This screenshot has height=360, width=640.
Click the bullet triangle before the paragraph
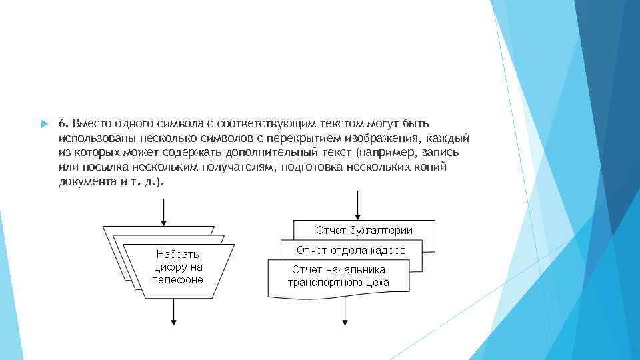click(x=45, y=125)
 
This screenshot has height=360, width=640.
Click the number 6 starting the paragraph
click(x=61, y=124)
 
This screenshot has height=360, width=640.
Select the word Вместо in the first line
click(x=91, y=124)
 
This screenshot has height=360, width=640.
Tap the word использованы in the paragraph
click(x=96, y=139)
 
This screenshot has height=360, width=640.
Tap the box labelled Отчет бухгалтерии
click(x=364, y=231)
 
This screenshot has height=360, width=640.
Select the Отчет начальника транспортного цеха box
click(x=338, y=276)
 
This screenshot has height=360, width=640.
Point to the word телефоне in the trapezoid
click(x=177, y=279)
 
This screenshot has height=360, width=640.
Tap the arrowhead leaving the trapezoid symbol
click(x=174, y=321)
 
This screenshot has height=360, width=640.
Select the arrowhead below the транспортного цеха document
click(x=345, y=321)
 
